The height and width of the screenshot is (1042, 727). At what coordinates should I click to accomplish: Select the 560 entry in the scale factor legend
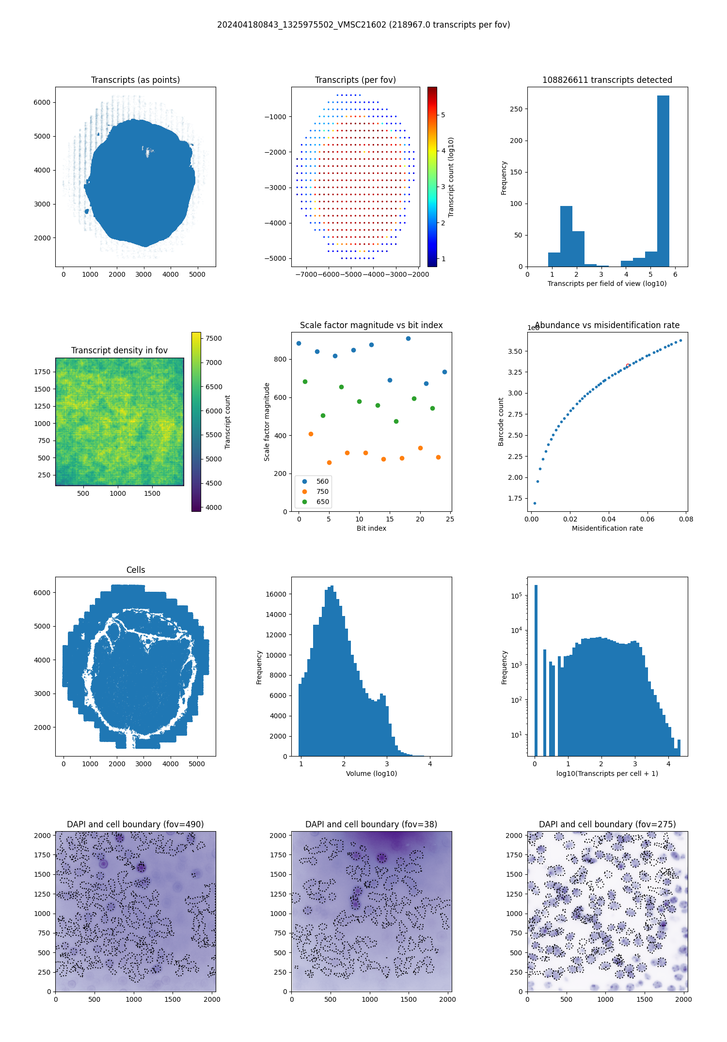click(x=322, y=481)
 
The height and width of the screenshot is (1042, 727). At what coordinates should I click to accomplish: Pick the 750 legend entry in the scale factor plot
click(x=322, y=491)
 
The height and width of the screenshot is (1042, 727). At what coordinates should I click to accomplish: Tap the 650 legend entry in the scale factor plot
click(x=322, y=502)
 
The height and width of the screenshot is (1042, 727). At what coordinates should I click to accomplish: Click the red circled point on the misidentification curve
click(x=628, y=365)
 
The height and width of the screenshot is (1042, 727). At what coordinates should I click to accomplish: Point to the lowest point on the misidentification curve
click(x=535, y=503)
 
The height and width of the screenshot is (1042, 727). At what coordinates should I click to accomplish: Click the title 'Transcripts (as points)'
click(x=135, y=80)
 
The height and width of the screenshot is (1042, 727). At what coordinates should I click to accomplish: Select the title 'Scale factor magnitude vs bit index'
click(x=371, y=325)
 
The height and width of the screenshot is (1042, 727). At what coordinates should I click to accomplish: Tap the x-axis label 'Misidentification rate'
click(x=607, y=528)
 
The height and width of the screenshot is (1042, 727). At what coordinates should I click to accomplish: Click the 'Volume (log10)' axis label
click(x=371, y=774)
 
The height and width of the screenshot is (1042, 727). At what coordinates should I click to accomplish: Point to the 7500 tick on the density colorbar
click(x=213, y=338)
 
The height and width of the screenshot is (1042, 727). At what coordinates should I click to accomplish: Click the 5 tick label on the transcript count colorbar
click(x=443, y=115)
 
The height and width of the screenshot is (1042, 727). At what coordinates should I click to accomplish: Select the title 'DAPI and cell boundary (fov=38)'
click(x=371, y=824)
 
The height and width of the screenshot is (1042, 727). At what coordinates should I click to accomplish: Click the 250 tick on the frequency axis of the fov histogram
click(x=516, y=109)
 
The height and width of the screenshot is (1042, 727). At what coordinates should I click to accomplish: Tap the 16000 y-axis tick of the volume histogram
click(x=277, y=594)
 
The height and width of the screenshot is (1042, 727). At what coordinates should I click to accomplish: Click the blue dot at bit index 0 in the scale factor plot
click(x=299, y=343)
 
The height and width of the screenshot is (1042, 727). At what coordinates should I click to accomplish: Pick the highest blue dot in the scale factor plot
click(x=408, y=338)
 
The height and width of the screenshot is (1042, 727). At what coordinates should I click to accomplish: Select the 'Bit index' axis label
click(x=371, y=528)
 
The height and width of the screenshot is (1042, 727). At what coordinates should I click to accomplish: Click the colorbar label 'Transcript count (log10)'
click(x=451, y=177)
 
